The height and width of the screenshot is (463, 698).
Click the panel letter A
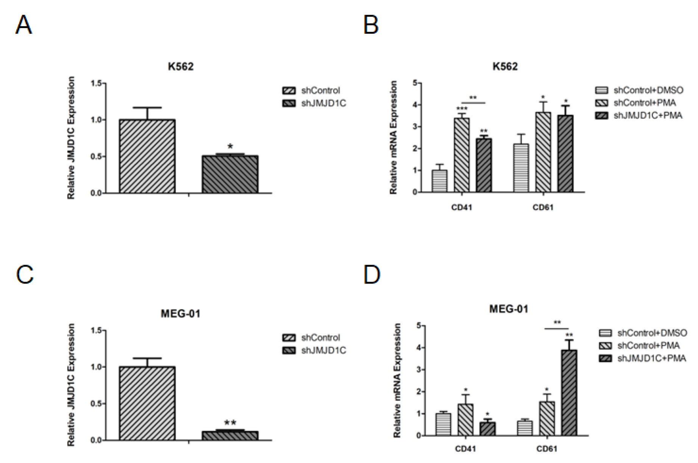(x=23, y=25)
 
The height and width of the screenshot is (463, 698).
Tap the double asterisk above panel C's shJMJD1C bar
(x=230, y=423)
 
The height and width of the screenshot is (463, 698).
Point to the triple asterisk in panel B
(x=462, y=109)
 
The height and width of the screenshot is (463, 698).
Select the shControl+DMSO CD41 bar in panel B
(x=439, y=181)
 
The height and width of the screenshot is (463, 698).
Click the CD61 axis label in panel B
(x=543, y=207)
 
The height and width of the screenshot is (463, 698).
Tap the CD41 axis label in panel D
(x=465, y=449)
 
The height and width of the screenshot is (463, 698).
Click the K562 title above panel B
(x=505, y=67)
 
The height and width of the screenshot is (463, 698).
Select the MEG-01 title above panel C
(x=180, y=314)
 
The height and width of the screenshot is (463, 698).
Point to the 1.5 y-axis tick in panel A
(x=96, y=83)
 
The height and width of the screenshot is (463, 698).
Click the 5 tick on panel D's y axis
(x=418, y=326)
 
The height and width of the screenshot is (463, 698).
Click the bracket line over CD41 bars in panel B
(x=473, y=103)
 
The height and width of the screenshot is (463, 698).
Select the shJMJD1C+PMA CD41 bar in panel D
(x=488, y=429)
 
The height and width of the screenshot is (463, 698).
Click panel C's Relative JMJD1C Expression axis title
(x=71, y=384)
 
